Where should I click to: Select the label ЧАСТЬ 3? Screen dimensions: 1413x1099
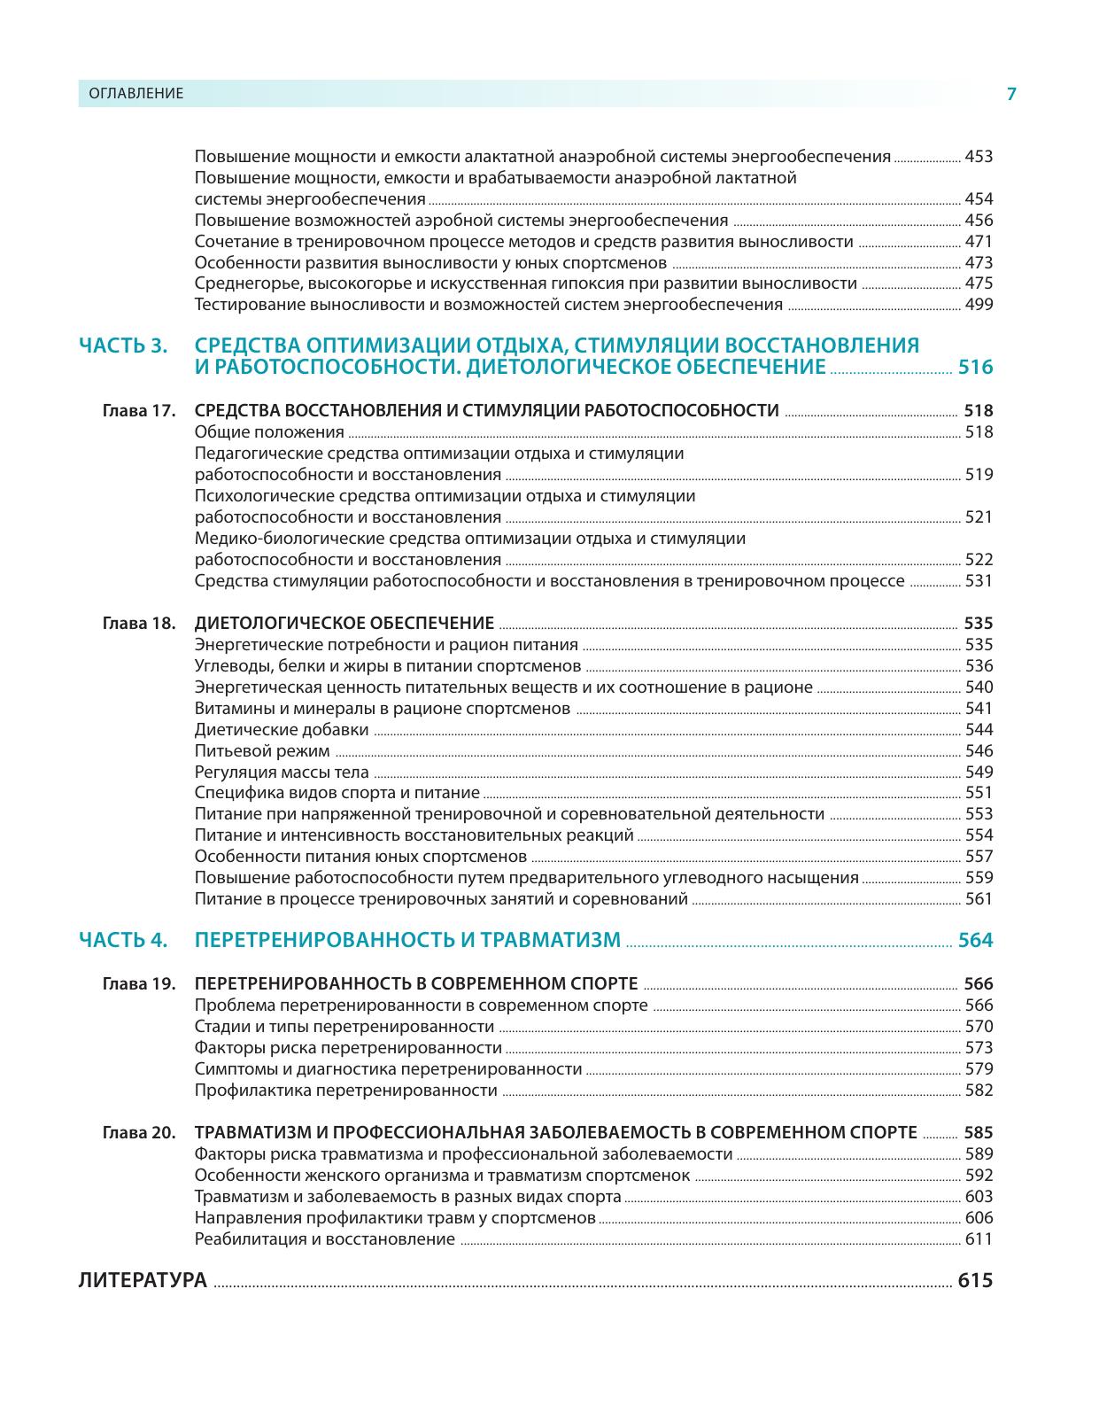click(x=123, y=345)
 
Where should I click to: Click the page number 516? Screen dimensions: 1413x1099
click(x=975, y=368)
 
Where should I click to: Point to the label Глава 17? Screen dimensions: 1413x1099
click(x=140, y=411)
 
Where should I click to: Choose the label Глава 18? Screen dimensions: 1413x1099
click(x=140, y=624)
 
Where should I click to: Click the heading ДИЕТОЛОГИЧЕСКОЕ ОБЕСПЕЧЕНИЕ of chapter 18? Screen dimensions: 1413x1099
click(x=344, y=623)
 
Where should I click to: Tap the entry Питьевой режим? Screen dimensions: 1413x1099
click(x=262, y=751)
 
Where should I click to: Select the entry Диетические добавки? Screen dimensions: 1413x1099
click(x=282, y=730)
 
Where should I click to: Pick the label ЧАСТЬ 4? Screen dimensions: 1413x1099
click(x=123, y=941)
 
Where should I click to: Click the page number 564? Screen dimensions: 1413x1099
click(x=975, y=941)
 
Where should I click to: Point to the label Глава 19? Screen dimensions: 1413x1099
click(x=140, y=984)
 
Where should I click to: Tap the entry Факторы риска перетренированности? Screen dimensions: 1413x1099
click(x=342, y=1048)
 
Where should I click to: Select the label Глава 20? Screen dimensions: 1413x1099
click(x=140, y=1133)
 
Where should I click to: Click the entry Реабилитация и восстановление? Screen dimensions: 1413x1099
click(x=324, y=1239)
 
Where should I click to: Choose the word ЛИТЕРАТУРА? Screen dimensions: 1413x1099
click(x=143, y=1281)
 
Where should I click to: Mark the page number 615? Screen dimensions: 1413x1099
click(x=975, y=1281)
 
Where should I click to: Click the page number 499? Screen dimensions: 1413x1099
click(x=979, y=305)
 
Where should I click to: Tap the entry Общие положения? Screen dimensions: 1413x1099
click(x=269, y=432)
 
